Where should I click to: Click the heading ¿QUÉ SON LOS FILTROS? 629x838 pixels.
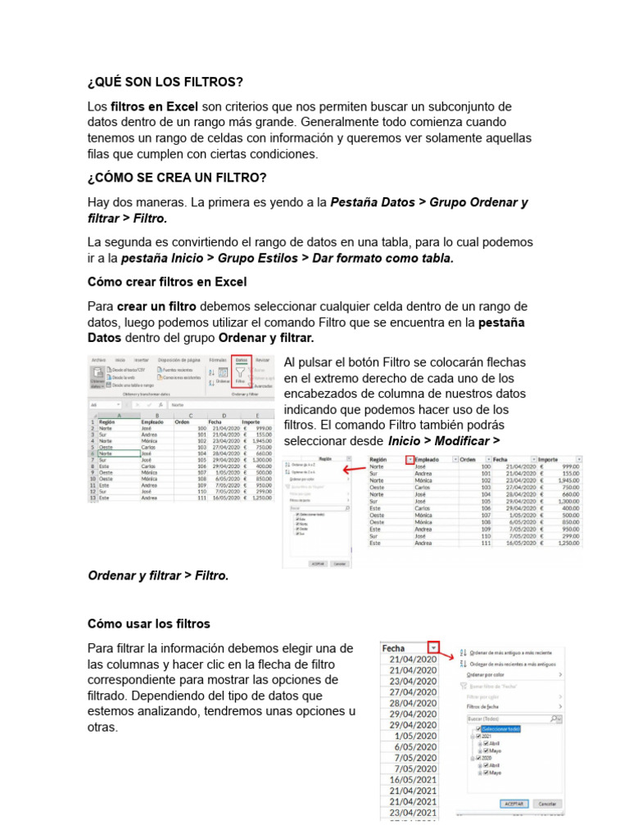pyautogui.click(x=165, y=83)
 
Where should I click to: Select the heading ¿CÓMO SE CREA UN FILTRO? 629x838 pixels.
pyautogui.click(x=177, y=178)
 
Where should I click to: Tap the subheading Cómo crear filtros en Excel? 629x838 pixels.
pyautogui.click(x=167, y=282)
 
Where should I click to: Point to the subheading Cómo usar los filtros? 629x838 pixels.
pyautogui.click(x=149, y=624)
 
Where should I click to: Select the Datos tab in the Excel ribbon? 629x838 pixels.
pyautogui.click(x=242, y=359)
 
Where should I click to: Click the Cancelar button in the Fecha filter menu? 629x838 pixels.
pyautogui.click(x=549, y=804)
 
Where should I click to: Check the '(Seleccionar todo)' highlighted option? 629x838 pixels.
pyautogui.click(x=500, y=728)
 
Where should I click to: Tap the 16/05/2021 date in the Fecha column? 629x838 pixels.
pyautogui.click(x=414, y=780)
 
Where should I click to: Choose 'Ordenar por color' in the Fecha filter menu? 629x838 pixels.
pyautogui.click(x=491, y=675)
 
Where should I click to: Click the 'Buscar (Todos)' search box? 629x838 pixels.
pyautogui.click(x=508, y=718)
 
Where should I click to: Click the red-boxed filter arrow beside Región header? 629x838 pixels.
pyautogui.click(x=410, y=461)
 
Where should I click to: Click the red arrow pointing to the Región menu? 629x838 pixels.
pyautogui.click(x=354, y=470)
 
